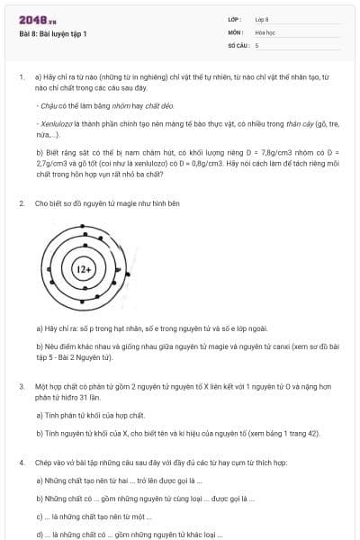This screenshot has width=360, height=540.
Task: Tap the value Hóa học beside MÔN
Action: click(x=265, y=31)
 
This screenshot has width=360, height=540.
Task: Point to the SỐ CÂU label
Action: click(x=237, y=44)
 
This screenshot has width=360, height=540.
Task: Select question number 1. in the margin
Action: click(x=21, y=78)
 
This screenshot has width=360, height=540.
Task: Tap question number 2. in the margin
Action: click(x=21, y=203)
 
